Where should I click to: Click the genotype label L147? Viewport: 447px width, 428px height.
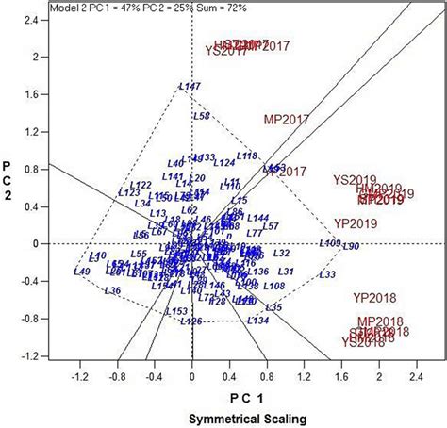coord(190,88)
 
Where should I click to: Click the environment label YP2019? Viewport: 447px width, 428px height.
coord(356,223)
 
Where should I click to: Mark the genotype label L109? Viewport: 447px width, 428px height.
coord(330,243)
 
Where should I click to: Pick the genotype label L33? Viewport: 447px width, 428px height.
coord(327,274)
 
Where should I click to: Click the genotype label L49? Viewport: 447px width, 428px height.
coord(81,272)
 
